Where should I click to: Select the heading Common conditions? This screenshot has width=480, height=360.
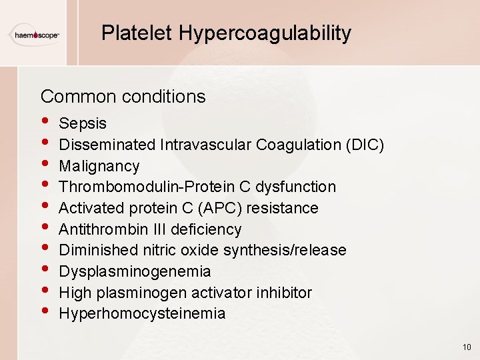[123, 97]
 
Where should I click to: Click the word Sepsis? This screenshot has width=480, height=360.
[83, 123]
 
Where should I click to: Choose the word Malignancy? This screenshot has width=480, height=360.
[99, 166]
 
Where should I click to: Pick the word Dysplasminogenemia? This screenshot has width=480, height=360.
[135, 271]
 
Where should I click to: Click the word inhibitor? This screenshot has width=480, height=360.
[285, 293]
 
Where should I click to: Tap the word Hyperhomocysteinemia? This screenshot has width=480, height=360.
[142, 313]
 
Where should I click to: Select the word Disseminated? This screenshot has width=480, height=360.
[107, 145]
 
